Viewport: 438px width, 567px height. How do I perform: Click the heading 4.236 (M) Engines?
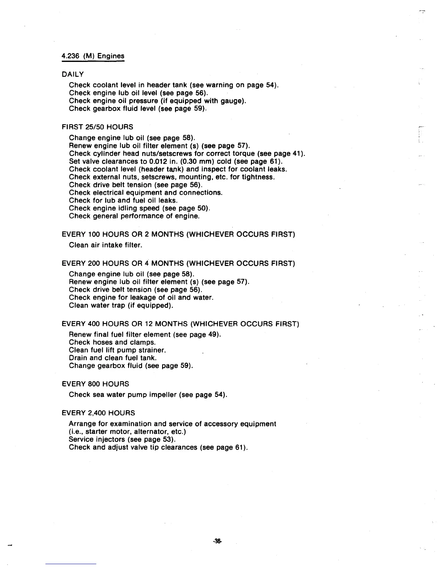pos(93,56)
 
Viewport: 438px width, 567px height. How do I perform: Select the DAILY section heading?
pos(73,74)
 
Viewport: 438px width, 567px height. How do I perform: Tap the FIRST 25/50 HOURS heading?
pos(97,127)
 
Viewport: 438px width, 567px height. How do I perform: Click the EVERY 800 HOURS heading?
pos(95,384)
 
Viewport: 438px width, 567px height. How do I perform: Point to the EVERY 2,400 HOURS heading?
pos(98,413)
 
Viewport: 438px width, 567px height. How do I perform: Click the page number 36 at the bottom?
pos(217,542)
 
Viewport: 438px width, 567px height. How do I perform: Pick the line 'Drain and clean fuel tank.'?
pos(113,358)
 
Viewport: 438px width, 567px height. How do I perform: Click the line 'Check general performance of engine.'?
pos(134,216)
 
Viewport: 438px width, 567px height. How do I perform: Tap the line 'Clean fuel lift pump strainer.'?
pos(117,350)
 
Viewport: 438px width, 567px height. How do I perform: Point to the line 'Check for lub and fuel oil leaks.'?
pos(123,200)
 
